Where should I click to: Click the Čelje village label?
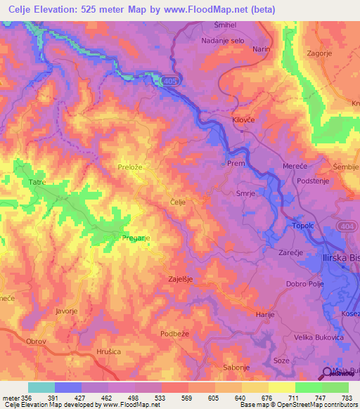[x=179, y=202]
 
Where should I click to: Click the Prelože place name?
[x=130, y=167]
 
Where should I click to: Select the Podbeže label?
[x=176, y=334]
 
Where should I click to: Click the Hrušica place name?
[x=109, y=351]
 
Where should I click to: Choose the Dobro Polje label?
[x=305, y=284]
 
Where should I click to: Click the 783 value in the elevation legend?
[x=347, y=397]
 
